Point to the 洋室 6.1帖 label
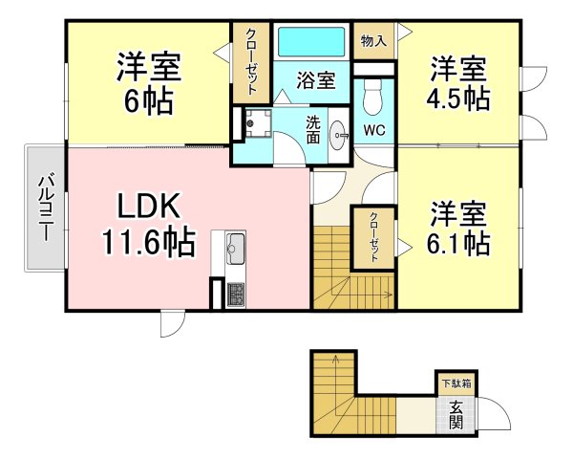(458, 227)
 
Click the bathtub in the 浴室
(311, 43)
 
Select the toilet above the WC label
(374, 96)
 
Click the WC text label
(374, 130)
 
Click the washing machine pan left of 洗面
(253, 122)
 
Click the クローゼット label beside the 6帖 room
(251, 60)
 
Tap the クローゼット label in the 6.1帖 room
(374, 237)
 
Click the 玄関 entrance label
(456, 413)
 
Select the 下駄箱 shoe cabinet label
(455, 383)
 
